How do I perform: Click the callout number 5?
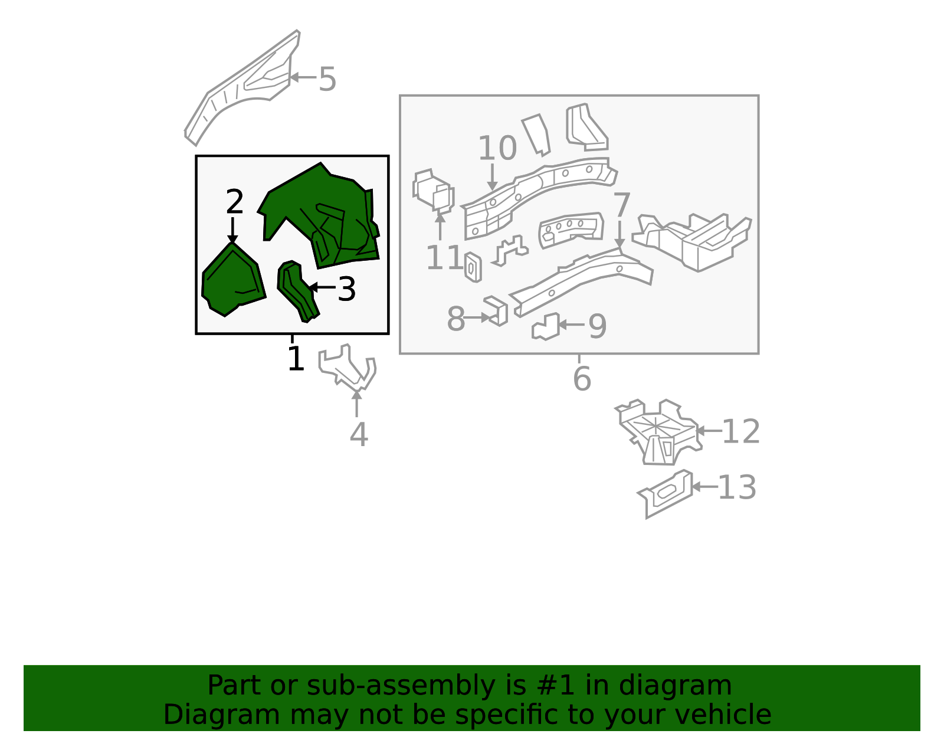click(327, 79)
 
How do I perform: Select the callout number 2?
click(235, 202)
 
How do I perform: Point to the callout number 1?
click(296, 358)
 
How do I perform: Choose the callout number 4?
click(359, 434)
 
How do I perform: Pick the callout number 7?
click(622, 205)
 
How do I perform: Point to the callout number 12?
click(740, 432)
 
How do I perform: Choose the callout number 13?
click(737, 487)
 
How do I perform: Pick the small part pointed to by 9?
click(546, 326)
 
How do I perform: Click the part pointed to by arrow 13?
click(665, 494)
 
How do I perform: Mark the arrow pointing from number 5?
click(303, 78)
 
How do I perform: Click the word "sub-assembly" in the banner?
click(401, 686)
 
